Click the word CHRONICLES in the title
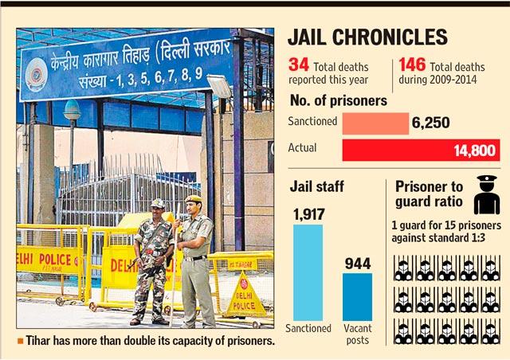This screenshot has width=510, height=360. click(x=390, y=37)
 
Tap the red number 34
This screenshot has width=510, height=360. click(x=298, y=65)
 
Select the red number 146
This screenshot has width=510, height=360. click(x=412, y=65)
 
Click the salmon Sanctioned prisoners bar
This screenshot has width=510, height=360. click(x=375, y=123)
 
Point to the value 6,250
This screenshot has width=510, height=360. click(x=430, y=123)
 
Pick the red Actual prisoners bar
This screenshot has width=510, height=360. click(x=421, y=151)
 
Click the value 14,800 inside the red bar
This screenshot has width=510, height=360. click(x=475, y=151)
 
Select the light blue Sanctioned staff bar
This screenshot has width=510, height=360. click(x=308, y=272)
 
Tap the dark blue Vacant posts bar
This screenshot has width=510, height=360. click(x=357, y=297)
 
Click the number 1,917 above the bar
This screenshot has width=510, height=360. click(x=308, y=214)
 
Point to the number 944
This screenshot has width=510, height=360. click(x=358, y=264)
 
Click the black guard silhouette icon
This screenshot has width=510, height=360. click(x=487, y=194)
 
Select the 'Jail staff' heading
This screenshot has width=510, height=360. click(x=316, y=186)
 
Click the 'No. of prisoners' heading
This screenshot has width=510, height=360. click(x=338, y=100)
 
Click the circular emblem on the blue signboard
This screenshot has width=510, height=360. click(x=37, y=75)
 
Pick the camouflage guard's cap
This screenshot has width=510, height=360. click(x=158, y=203)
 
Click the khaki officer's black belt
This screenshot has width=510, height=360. click(x=194, y=258)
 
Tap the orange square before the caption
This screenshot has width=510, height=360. click(x=21, y=341)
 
